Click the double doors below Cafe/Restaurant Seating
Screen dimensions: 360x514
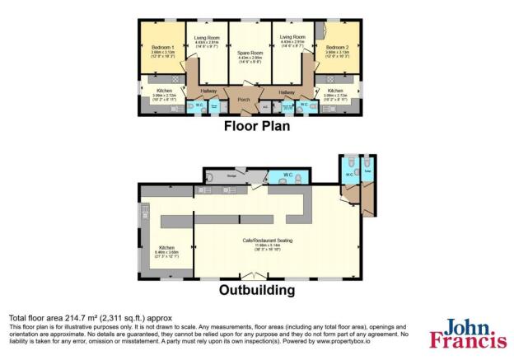click(x=250, y=275)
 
